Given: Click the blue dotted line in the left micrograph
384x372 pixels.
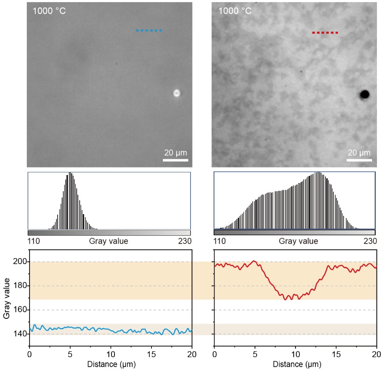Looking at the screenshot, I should [x=149, y=30].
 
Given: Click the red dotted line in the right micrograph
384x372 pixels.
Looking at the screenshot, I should [x=325, y=33].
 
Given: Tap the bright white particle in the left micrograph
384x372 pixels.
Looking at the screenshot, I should [x=177, y=93].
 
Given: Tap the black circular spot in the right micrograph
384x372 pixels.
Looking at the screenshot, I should [x=365, y=94].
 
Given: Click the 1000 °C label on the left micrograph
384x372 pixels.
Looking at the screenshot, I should [x=49, y=11].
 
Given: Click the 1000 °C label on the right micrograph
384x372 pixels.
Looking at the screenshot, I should [x=235, y=11].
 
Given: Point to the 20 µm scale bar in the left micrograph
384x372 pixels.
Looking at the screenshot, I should [x=175, y=160].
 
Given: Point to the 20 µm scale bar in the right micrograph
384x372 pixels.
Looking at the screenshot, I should [x=359, y=160].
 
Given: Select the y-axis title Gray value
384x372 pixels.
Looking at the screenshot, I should [x=7, y=298].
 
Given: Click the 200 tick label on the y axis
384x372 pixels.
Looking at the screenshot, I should [x=21, y=262].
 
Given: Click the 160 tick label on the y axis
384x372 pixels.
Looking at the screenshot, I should [x=21, y=310].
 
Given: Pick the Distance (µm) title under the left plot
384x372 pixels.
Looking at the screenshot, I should [x=111, y=365].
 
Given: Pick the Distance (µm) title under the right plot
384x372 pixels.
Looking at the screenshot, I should [x=295, y=365].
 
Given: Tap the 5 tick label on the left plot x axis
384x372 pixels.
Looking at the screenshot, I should [x=70, y=354].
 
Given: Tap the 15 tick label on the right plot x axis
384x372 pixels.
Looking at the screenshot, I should [x=336, y=354].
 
